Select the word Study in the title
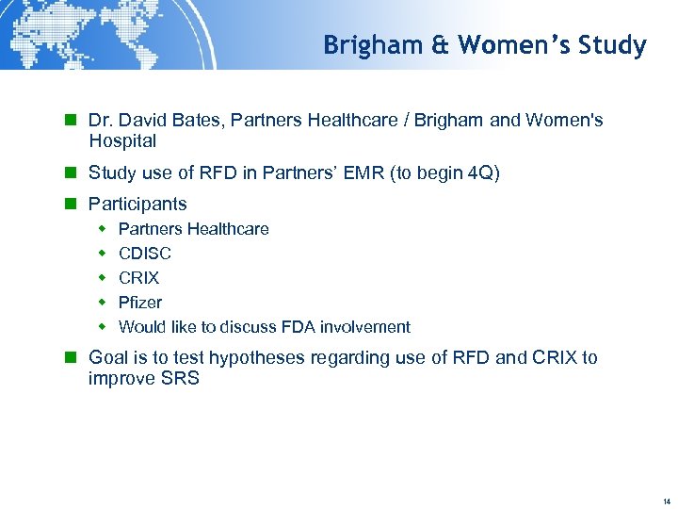coord(614,45)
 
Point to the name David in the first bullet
coord(141,121)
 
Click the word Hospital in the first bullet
coord(122,141)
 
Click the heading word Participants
coord(137,204)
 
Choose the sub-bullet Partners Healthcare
coord(193,229)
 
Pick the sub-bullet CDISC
coord(145,254)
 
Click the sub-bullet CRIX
coord(138,278)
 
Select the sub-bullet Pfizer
coord(139,303)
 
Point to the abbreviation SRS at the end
coord(182,379)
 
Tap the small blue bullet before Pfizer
coord(103,303)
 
